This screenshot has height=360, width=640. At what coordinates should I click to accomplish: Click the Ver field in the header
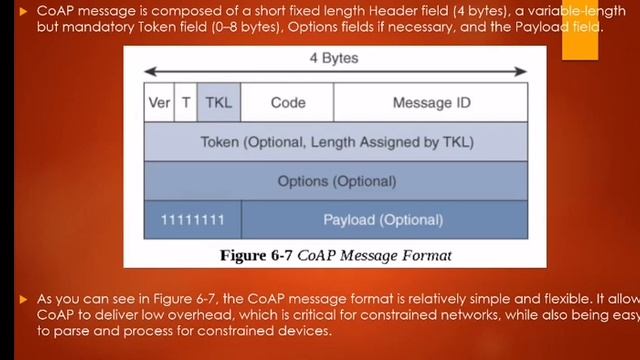(159, 103)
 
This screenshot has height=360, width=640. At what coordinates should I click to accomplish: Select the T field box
(186, 103)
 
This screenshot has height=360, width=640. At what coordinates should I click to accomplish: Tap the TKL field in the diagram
(219, 103)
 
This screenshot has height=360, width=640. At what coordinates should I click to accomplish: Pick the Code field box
(288, 103)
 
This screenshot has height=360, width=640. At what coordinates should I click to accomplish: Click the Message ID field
(430, 103)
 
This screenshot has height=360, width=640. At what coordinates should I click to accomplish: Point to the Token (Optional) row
(336, 142)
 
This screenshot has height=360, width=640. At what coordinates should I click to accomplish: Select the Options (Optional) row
(336, 181)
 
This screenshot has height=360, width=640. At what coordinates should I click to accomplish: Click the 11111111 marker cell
(193, 219)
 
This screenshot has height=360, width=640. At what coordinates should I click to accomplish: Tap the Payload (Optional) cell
(383, 219)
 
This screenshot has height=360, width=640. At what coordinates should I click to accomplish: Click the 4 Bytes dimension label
(335, 58)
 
